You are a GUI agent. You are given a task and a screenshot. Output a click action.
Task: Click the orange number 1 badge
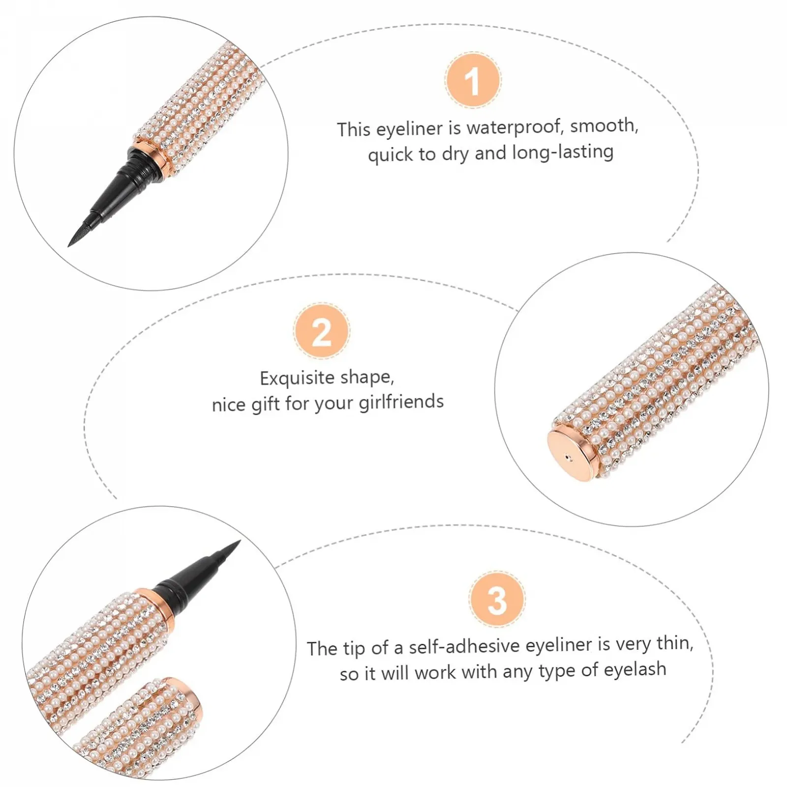pos(473,80)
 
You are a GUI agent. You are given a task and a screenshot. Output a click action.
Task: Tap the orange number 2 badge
pos(322,332)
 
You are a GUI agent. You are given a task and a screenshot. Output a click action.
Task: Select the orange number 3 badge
pos(497,600)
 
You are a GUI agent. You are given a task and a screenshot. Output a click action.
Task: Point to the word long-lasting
pos(562,152)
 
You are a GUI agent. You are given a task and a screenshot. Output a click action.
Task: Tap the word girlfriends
pos(401,402)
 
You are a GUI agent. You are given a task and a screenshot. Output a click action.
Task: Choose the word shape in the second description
pos(367,377)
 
